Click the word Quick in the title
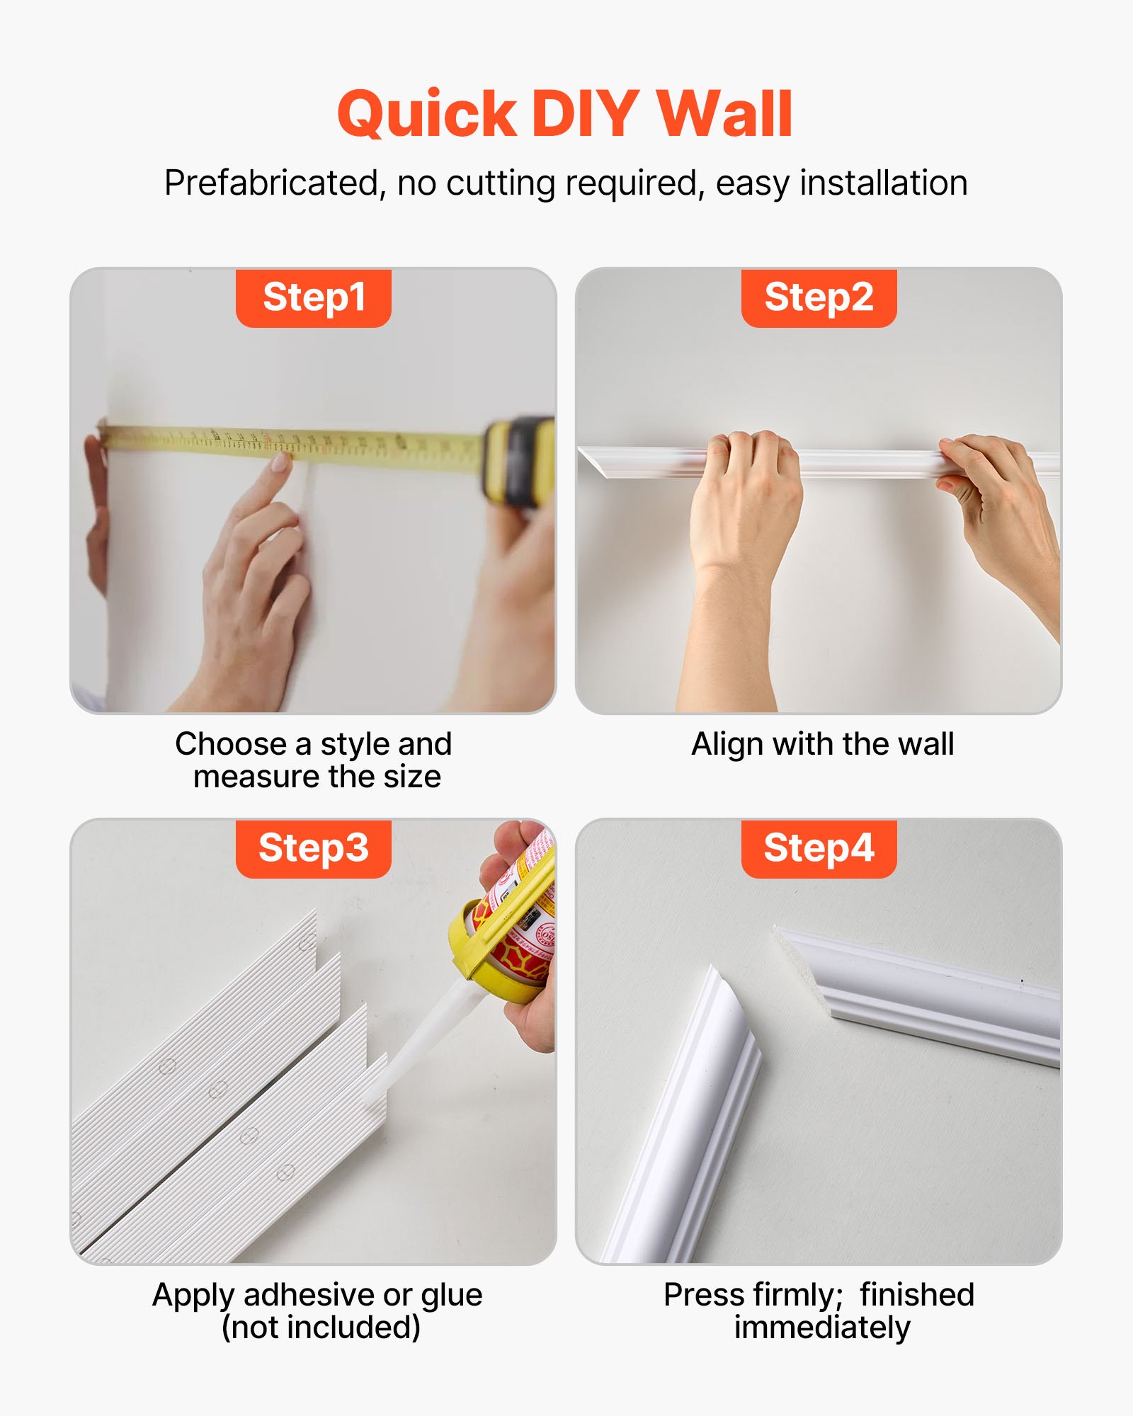427,115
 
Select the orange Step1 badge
314,297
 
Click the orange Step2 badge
819,297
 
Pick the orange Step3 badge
314,848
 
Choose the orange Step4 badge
819,848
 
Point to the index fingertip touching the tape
281,462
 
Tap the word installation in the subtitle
883,183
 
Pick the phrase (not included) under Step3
321,1327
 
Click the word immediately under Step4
821,1327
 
